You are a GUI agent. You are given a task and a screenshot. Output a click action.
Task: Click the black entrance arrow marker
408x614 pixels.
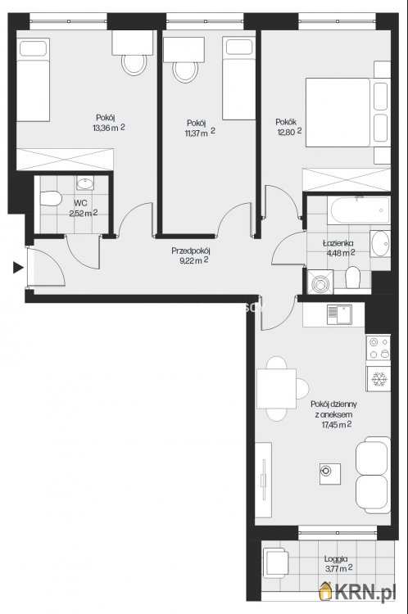tap(18, 268)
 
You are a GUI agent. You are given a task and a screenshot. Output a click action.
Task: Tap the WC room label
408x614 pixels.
tap(80, 203)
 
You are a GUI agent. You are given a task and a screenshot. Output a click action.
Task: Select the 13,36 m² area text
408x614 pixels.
tap(109, 128)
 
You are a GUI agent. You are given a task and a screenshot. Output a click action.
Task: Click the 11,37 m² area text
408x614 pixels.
tap(200, 133)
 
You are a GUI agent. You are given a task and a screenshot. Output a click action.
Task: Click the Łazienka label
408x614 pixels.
tap(338, 243)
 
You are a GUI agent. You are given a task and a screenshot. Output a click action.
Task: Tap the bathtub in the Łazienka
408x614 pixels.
tap(360, 210)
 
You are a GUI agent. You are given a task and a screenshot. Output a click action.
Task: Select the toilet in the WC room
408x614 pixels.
tap(51, 199)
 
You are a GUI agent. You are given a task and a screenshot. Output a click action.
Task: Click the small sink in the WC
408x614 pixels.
tap(84, 183)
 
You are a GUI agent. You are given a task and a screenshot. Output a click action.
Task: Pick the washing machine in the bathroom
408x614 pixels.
tap(320, 282)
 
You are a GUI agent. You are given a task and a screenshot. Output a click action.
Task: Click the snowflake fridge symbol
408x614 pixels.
tap(379, 379)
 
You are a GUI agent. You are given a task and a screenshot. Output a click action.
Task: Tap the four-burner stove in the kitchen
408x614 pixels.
tap(379, 348)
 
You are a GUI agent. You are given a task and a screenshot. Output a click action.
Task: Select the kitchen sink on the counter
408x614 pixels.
tap(339, 315)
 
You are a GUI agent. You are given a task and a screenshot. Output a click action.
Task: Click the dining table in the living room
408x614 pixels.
tap(276, 388)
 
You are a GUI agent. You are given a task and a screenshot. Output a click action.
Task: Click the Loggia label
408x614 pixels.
tap(335, 559)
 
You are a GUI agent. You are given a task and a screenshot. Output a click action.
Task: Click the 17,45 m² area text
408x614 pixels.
tap(336, 424)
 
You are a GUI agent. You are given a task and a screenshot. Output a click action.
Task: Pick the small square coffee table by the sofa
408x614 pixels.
tap(329, 473)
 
